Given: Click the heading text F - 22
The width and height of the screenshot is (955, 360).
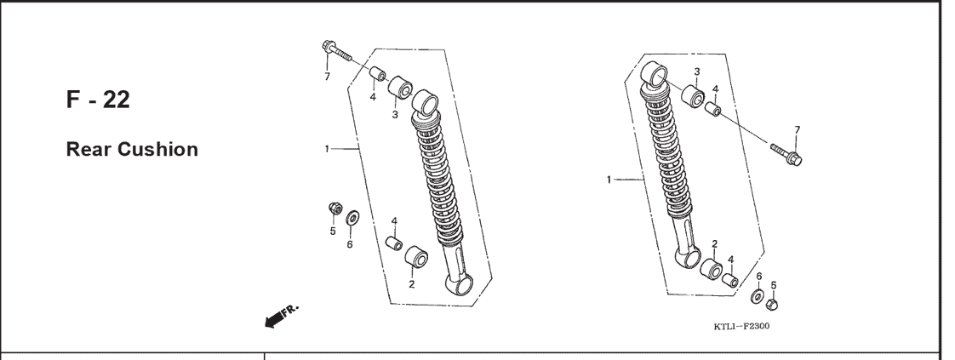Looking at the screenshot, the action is [x=98, y=100].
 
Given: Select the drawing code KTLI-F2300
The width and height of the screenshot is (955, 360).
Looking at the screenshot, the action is [x=741, y=327].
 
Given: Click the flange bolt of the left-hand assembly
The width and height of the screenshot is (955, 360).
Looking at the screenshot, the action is [x=337, y=51].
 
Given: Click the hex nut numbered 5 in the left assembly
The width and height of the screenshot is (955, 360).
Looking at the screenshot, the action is [x=335, y=209].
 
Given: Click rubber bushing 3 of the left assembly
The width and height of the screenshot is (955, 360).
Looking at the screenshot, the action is [x=400, y=87].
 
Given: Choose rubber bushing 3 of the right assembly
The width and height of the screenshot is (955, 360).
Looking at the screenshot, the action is [x=693, y=96].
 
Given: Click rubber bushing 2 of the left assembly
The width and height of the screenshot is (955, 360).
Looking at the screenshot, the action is [x=416, y=257].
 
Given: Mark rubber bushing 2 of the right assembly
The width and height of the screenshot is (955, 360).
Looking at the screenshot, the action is [x=711, y=269].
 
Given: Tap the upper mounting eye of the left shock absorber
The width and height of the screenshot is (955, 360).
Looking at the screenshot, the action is [x=426, y=102].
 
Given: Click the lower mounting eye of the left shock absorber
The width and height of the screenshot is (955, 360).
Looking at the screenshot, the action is [x=460, y=284].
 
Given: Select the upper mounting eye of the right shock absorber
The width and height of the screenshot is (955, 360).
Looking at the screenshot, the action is [x=655, y=75].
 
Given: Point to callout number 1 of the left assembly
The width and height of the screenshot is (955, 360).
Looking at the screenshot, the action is [x=327, y=149].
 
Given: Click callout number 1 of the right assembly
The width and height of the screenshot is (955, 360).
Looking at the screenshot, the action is [x=609, y=180].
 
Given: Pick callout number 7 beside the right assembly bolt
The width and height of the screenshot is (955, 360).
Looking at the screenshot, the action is [x=798, y=129].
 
